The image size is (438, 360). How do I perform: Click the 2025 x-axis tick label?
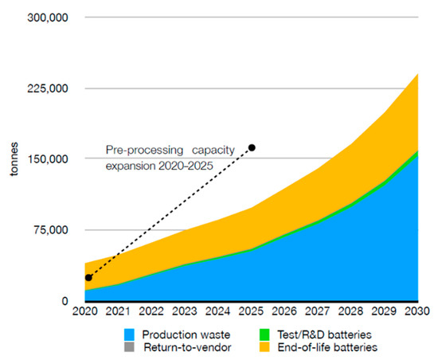coord(252,313)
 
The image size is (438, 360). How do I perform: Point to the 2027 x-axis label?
coord(319,313)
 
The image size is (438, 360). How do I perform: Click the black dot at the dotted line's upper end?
coord(252,147)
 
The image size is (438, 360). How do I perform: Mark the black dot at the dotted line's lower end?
coord(88,277)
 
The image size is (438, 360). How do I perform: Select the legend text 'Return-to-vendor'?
coord(182,347)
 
